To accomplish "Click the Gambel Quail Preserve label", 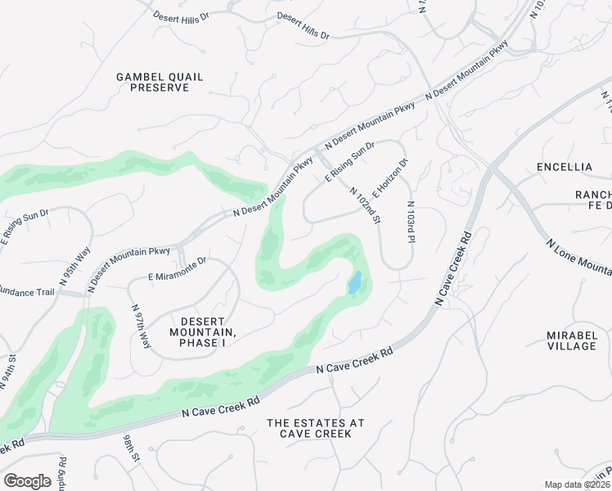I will pos(160,82).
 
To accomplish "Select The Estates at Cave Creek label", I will pos(315,428).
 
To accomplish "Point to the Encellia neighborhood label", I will pos(564,167).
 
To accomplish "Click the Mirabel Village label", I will pos(572,340).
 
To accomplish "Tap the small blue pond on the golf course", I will pos(354,283).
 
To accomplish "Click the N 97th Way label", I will pos(141,326).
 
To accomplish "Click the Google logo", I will pos(27,481).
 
